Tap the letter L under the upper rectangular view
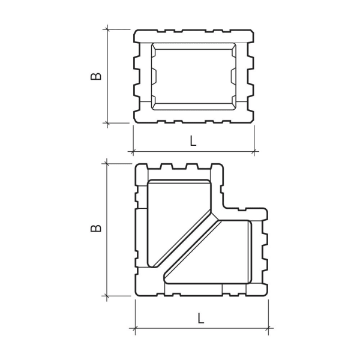[x=193, y=142]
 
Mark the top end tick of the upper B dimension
[x=108, y=29]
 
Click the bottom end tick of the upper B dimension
[x=108, y=123]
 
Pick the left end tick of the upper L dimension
[x=133, y=151]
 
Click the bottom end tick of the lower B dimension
[x=107, y=295]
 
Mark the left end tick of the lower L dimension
[x=135, y=328]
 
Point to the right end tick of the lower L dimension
[x=269, y=328]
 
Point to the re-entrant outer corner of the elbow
[x=225, y=208]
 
